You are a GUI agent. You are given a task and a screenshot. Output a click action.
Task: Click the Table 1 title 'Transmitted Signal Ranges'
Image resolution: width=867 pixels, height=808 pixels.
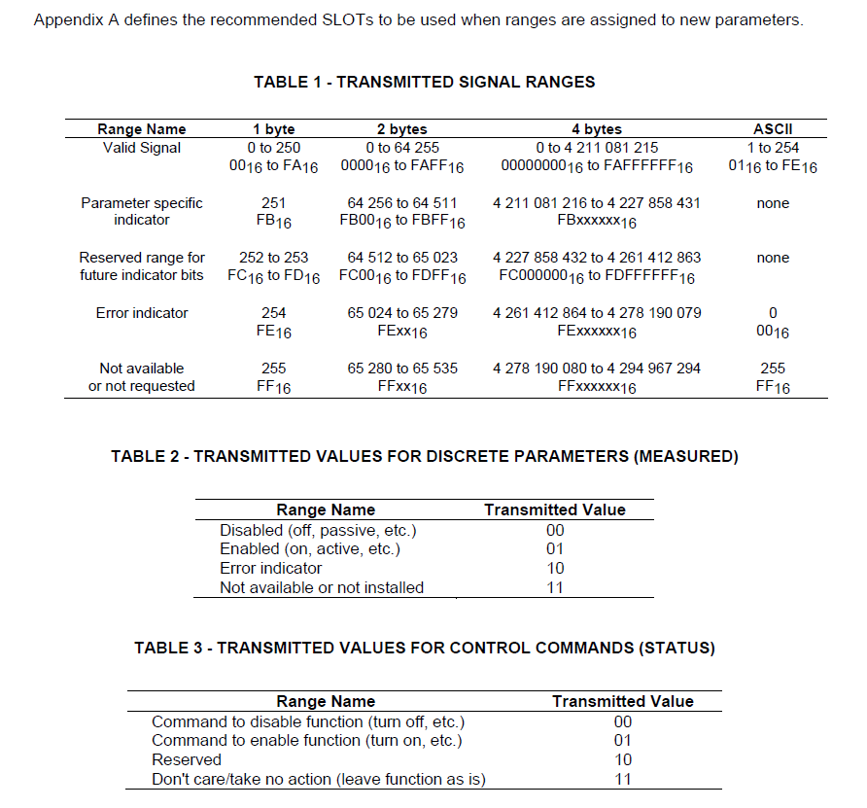point(424,82)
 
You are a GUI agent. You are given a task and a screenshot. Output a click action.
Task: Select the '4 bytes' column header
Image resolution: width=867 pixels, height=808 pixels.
point(596,129)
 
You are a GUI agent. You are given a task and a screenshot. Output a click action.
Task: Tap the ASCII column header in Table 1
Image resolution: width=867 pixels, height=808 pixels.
point(773,129)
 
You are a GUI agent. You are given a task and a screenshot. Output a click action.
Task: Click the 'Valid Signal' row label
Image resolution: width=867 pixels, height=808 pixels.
point(142,148)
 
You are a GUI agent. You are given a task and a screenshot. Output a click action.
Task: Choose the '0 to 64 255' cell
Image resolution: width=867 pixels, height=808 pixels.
point(401,148)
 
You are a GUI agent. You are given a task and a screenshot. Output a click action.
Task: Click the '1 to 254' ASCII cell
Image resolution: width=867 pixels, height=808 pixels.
point(773,148)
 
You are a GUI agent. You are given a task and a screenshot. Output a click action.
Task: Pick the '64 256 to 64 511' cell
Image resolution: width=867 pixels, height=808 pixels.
point(401,203)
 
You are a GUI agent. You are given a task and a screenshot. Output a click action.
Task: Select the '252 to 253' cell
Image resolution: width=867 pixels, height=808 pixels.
point(273,258)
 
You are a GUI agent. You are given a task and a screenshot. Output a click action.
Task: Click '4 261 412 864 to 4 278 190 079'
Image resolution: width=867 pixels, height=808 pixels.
point(596,313)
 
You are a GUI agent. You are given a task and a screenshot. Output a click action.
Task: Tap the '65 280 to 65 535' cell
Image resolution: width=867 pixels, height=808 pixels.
point(401,369)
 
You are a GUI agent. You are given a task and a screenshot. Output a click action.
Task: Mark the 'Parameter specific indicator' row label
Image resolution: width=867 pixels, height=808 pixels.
point(142,211)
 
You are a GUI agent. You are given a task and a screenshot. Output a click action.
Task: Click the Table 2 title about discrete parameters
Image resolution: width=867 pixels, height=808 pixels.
point(424,456)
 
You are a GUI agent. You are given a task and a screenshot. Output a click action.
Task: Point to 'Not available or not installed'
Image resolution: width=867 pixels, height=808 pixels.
point(322,587)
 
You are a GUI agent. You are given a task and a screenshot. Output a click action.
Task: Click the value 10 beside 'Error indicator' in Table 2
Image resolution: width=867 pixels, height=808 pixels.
point(555,569)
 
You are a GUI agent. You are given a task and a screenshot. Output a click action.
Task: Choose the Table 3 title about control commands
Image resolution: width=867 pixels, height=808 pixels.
point(424,648)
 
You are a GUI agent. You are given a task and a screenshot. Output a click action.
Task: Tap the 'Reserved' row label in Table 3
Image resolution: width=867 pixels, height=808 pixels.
point(187,759)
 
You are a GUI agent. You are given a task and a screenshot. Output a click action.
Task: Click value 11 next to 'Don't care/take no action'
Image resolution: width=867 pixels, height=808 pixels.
point(623,779)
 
